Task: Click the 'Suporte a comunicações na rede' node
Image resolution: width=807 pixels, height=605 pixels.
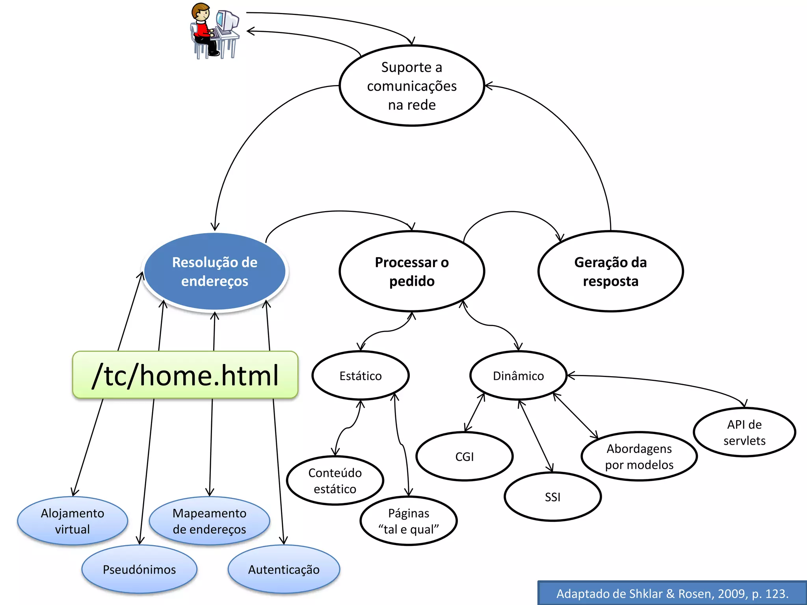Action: pyautogui.click(x=412, y=86)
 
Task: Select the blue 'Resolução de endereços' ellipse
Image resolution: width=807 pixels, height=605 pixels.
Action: pyautogui.click(x=215, y=271)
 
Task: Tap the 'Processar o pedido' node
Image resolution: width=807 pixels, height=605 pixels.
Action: pyautogui.click(x=412, y=271)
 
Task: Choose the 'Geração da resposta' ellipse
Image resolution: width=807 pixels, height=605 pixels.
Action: pyautogui.click(x=610, y=271)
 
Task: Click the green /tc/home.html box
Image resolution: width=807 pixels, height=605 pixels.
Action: pyautogui.click(x=185, y=375)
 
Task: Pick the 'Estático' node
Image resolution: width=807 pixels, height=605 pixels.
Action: pyautogui.click(x=361, y=376)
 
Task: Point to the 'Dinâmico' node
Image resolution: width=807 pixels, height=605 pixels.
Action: pyautogui.click(x=518, y=376)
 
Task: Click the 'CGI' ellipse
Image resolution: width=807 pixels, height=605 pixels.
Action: pyautogui.click(x=465, y=457)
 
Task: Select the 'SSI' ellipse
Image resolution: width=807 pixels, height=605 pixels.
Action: pyautogui.click(x=552, y=497)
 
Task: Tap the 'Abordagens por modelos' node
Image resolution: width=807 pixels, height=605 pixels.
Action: pyautogui.click(x=639, y=457)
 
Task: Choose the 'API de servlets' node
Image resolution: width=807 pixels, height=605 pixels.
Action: pyautogui.click(x=744, y=432)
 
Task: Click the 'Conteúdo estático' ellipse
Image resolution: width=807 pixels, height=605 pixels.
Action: pyautogui.click(x=335, y=481)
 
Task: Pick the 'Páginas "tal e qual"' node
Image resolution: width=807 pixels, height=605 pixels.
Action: pyautogui.click(x=409, y=521)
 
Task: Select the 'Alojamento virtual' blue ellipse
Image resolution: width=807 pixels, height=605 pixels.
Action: pyautogui.click(x=73, y=521)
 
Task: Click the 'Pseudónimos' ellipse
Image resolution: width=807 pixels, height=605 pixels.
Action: pyautogui.click(x=139, y=570)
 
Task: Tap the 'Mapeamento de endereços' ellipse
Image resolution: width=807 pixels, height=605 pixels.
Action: pyautogui.click(x=209, y=521)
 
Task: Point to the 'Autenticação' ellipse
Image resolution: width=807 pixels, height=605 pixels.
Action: pyautogui.click(x=284, y=570)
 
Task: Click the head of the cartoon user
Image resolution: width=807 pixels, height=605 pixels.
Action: pyautogui.click(x=201, y=12)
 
